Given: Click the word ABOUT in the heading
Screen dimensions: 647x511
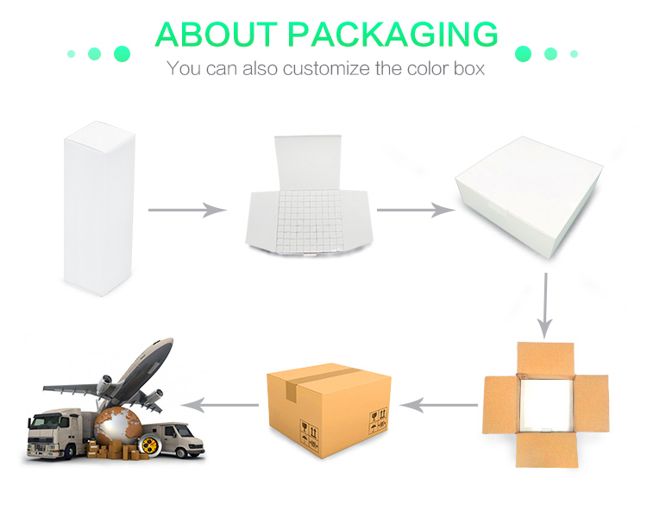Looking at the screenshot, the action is click(217, 35).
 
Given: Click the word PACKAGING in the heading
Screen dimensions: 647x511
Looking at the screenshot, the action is click(393, 35).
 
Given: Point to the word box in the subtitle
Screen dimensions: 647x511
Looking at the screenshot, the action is click(469, 68).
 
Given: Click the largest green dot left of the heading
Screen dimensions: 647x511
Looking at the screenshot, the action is click(122, 54).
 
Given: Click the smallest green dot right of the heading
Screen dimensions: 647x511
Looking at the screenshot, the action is click(574, 54).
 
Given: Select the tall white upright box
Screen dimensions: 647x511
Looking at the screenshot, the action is click(99, 208).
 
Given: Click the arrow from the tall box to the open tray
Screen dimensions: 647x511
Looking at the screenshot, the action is click(187, 210).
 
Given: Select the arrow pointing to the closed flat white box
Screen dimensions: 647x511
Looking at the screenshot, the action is click(416, 210).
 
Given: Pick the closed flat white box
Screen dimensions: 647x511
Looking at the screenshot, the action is click(529, 198).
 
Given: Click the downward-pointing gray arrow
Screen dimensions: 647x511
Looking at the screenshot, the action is click(545, 306).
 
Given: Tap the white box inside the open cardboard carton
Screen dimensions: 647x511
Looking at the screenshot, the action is click(545, 405).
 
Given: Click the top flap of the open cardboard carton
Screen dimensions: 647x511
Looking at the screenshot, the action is click(545, 358).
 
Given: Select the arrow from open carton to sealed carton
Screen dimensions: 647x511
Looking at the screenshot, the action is click(438, 405).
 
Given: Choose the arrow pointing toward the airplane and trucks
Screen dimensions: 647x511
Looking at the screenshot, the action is click(219, 405).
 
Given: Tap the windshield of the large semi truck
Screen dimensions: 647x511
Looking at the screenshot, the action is click(47, 422).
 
